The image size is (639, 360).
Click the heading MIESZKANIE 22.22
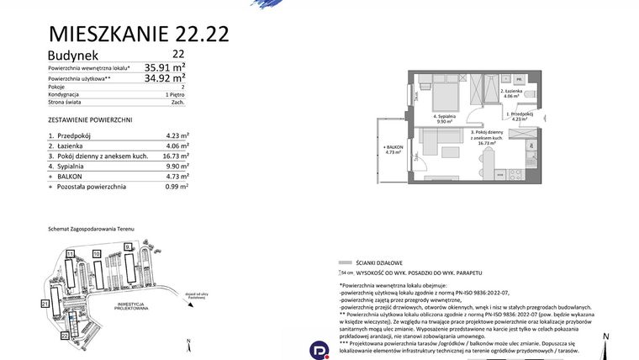[139, 34]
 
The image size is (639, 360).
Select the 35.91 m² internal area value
[165, 66]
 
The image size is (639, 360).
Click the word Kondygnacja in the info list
[64, 95]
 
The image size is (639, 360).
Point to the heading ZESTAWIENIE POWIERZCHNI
[90, 120]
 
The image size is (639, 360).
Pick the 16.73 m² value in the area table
[175, 156]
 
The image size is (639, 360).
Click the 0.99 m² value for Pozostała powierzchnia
[175, 187]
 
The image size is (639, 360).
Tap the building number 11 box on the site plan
[71, 253]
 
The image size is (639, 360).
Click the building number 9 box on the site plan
[127, 246]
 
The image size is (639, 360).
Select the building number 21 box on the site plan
[45, 302]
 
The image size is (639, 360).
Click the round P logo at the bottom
[319, 349]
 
